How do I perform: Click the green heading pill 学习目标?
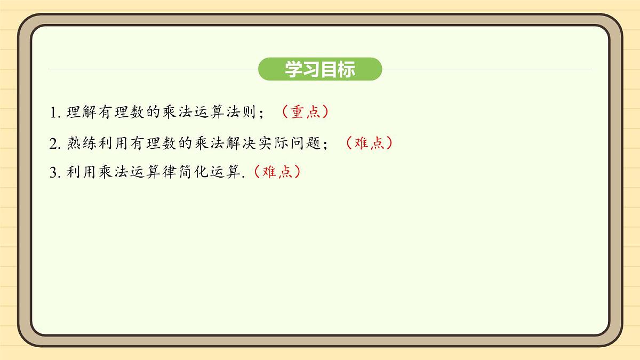tap(320, 69)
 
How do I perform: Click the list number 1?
tap(53, 113)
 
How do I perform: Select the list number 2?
tap(53, 143)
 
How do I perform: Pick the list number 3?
tap(53, 173)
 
